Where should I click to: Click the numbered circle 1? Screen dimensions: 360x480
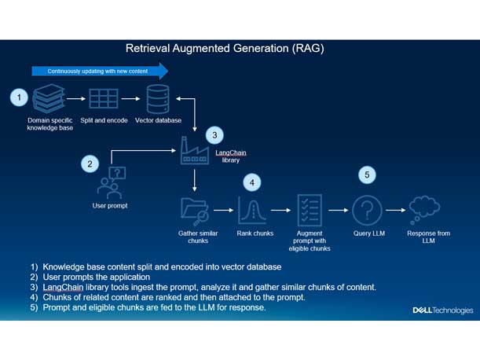[20, 98]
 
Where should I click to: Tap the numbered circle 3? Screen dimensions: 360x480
[215, 134]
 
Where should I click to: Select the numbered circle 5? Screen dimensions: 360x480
[367, 174]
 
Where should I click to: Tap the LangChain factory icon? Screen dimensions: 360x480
[193, 151]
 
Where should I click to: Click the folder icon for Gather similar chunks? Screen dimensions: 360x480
[193, 211]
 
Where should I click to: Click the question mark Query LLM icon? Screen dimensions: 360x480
[367, 210]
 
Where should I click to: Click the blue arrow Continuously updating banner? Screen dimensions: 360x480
[100, 72]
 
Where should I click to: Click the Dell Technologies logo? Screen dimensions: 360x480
[443, 310]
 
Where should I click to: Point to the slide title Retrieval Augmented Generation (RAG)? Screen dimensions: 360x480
[225, 49]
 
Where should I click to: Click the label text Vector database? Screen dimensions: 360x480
[158, 120]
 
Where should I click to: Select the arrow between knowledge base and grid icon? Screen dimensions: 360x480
[76, 100]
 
